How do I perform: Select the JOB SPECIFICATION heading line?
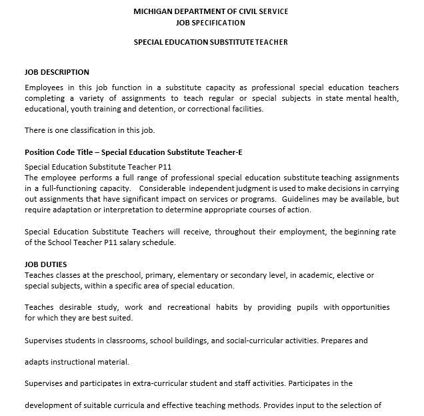point(211,23)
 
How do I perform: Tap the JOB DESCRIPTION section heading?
point(57,72)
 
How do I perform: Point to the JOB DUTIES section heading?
point(46,264)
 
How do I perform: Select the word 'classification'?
point(92,130)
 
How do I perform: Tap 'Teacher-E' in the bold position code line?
point(225,152)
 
